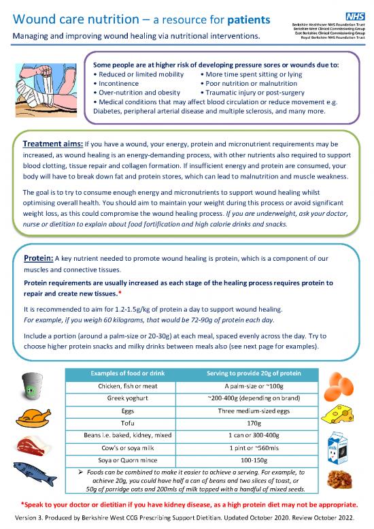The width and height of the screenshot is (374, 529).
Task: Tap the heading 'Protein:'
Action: coord(40,259)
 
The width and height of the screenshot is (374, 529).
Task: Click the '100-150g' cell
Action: coord(254,458)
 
